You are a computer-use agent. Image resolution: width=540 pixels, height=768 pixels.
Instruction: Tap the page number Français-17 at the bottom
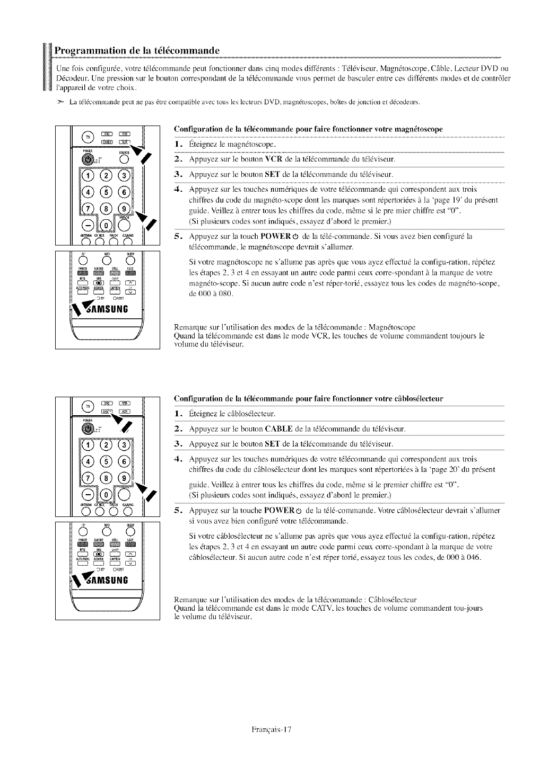(x=271, y=729)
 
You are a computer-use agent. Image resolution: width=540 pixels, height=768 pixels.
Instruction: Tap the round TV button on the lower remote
(x=85, y=407)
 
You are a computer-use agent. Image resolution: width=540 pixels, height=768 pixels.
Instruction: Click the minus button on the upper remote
(x=86, y=228)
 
